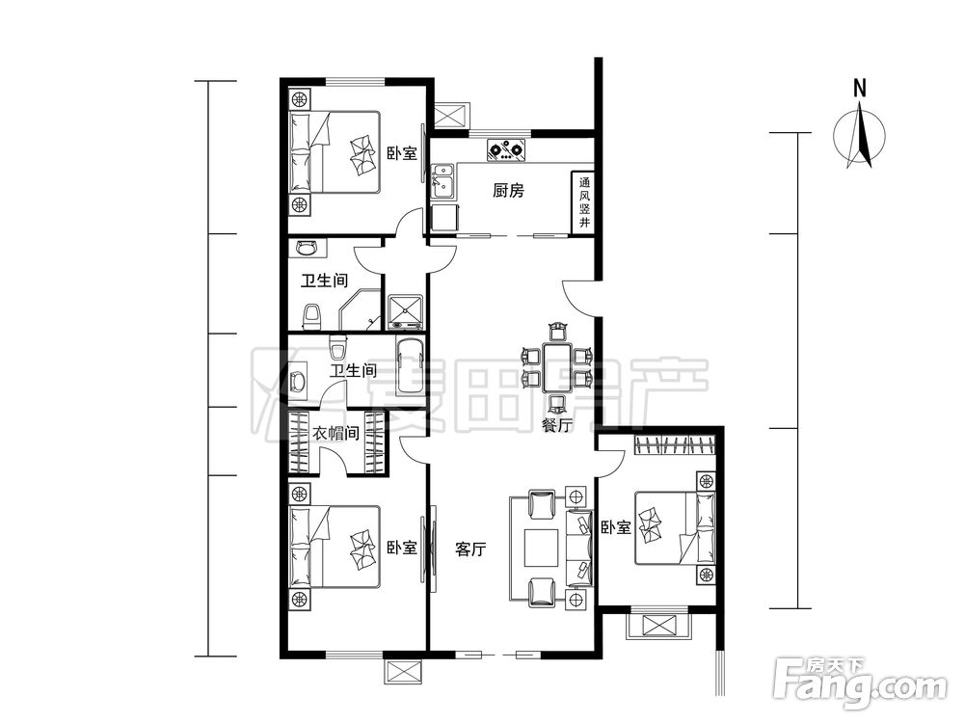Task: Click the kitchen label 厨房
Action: click(x=508, y=191)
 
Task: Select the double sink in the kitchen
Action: click(x=442, y=181)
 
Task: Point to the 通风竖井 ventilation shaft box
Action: click(x=584, y=201)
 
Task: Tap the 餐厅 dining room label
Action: click(x=557, y=424)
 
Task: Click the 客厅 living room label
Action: click(x=470, y=549)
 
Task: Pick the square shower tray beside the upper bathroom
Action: click(x=406, y=311)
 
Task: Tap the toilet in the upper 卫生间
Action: click(x=312, y=315)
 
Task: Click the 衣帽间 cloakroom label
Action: click(x=335, y=434)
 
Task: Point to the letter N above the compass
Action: click(x=860, y=89)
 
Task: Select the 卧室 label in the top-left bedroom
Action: click(x=402, y=153)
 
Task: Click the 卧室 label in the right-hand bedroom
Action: click(x=616, y=527)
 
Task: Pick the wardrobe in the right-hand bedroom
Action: click(x=675, y=444)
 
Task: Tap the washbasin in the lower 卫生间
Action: click(x=299, y=381)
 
